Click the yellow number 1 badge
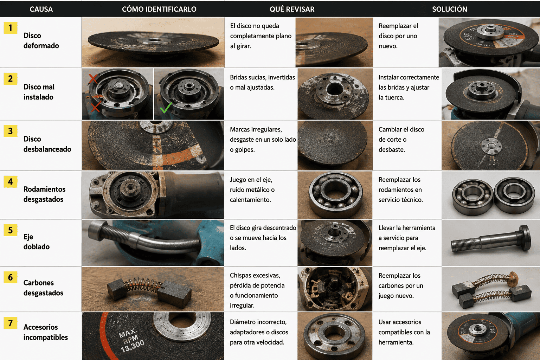coord(10,28)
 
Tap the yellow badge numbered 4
coord(10,181)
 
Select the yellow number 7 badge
coord(10,323)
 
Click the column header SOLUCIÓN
coord(450,9)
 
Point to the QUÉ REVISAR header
coord(292,9)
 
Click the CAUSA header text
coord(41,9)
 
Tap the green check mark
coord(166,107)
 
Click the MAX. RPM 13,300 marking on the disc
coord(132,340)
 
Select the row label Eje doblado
coord(37,242)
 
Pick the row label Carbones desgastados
coord(43,288)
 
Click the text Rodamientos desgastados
coord(44,194)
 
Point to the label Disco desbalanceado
coord(47,144)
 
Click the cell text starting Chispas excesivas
coord(257,290)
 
